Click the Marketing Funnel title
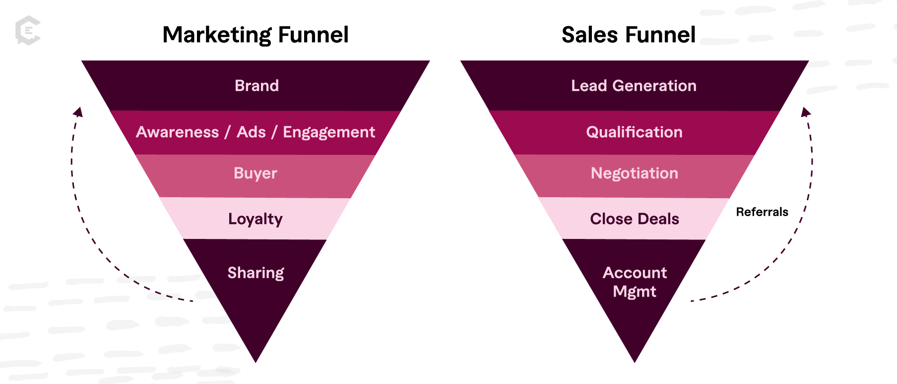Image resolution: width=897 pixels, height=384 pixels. click(x=256, y=35)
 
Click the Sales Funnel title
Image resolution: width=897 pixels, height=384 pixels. click(x=628, y=35)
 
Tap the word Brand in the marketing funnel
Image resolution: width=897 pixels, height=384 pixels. click(x=256, y=86)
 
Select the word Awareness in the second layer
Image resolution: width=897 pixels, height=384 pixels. click(x=177, y=132)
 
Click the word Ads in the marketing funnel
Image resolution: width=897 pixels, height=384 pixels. click(x=251, y=132)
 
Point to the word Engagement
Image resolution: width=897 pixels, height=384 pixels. click(x=328, y=133)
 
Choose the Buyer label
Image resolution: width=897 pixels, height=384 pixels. click(x=255, y=173)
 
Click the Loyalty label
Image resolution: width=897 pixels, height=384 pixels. click(x=255, y=219)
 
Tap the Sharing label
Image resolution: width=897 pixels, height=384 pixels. click(x=256, y=273)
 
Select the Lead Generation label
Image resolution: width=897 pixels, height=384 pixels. click(x=634, y=86)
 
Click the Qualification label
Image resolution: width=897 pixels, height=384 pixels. click(x=634, y=132)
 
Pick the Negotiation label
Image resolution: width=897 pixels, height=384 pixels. click(x=634, y=173)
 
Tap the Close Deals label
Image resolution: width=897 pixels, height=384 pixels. click(x=634, y=219)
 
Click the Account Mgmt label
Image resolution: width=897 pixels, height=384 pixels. click(x=635, y=282)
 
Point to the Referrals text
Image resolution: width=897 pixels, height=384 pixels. click(x=762, y=212)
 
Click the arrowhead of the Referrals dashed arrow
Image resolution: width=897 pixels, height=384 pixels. click(x=805, y=112)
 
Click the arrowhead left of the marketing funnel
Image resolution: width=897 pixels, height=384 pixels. click(x=78, y=112)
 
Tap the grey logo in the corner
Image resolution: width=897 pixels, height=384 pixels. click(x=28, y=30)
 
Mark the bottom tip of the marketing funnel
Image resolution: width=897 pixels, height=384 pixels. click(x=256, y=361)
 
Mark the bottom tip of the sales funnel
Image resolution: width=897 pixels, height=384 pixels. click(x=635, y=361)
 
